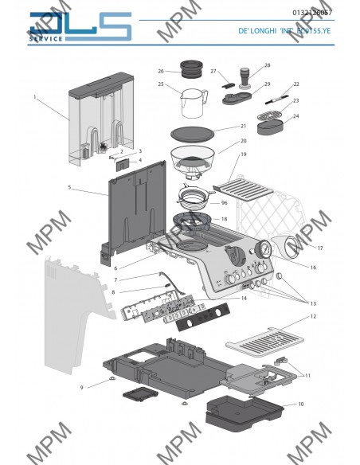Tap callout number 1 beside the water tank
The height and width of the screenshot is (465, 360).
[36, 97]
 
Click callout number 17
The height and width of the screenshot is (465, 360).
[319, 248]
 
